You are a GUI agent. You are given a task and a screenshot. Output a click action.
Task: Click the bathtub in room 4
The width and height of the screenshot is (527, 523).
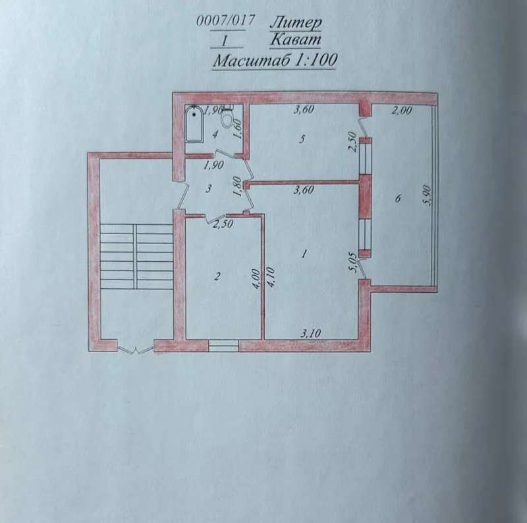pos(194,125)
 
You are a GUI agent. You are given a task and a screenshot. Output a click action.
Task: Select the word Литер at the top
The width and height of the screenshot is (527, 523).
pos(296,23)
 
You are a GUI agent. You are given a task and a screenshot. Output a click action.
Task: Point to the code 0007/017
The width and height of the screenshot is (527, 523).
pos(225,21)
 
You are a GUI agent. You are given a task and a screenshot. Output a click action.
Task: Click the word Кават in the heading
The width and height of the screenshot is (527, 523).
pos(295,40)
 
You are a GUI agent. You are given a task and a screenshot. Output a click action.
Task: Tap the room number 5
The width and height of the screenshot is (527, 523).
pos(302,139)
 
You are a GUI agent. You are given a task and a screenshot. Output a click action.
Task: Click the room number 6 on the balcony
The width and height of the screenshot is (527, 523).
pos(399,199)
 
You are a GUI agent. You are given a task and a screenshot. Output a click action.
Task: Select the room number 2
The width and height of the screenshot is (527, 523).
pos(217,276)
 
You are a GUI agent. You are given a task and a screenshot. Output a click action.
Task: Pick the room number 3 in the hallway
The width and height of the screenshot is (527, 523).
pos(209,189)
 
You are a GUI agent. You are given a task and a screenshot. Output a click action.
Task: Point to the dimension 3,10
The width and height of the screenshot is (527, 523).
pos(310,334)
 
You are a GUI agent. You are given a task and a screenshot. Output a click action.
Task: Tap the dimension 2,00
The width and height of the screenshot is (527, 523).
pos(402,110)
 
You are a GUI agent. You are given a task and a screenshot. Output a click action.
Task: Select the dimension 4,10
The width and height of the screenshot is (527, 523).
pos(271,277)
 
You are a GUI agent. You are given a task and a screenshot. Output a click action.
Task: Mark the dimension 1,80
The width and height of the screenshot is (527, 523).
pos(237,187)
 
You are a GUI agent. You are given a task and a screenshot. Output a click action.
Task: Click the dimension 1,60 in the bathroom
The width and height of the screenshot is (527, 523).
pos(238,129)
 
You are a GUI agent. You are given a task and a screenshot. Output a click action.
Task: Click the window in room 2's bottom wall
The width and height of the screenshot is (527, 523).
pos(224,346)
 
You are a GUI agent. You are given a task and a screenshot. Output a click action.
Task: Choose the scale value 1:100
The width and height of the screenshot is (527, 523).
pos(316,60)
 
